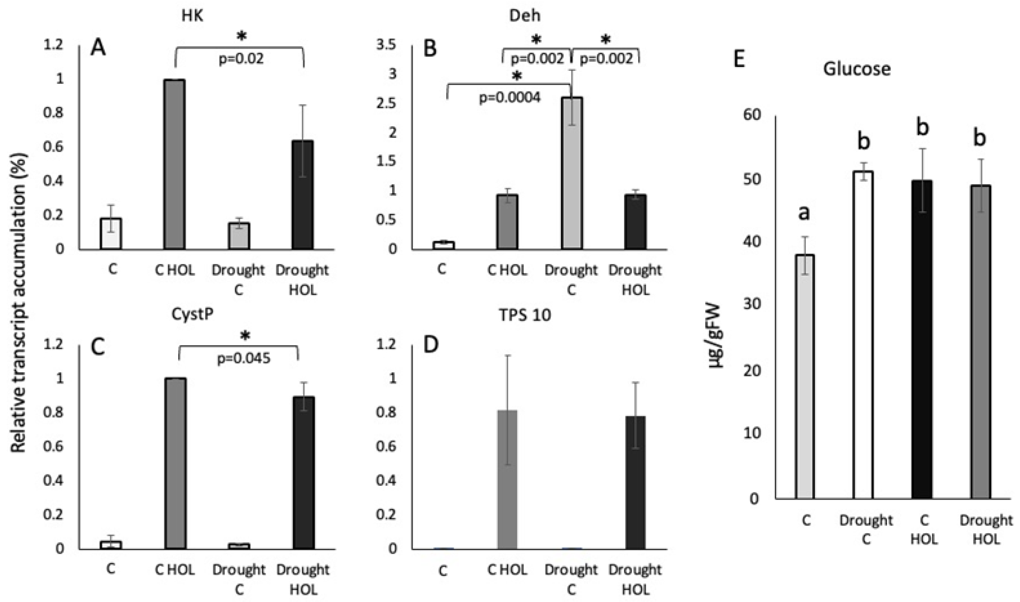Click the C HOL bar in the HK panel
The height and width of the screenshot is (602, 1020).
(x=175, y=164)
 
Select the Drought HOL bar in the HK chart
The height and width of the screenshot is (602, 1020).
(x=303, y=195)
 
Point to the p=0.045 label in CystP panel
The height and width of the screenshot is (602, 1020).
(x=243, y=359)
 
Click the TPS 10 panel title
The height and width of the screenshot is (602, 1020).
(x=525, y=315)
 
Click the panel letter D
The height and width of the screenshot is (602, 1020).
(x=431, y=345)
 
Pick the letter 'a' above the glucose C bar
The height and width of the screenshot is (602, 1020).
(x=804, y=212)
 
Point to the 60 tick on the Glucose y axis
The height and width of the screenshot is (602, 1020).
(x=752, y=115)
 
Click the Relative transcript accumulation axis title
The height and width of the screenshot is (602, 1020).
(x=18, y=302)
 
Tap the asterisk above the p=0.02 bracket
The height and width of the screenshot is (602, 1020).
(x=242, y=36)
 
